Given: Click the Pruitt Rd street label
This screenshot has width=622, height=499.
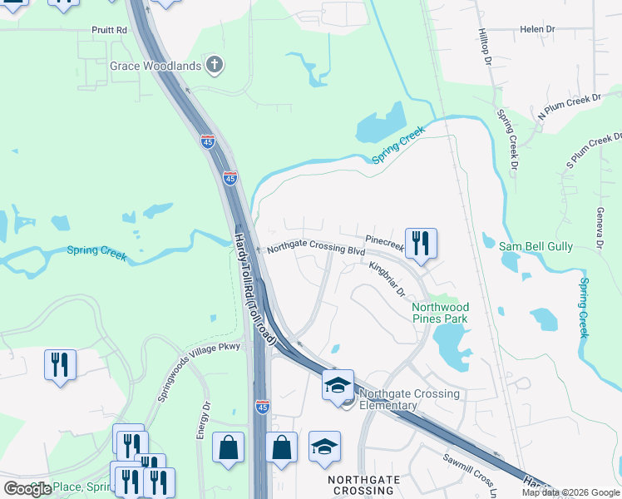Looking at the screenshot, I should coord(109,29).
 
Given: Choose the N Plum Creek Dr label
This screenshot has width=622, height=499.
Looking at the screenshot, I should coord(570,109).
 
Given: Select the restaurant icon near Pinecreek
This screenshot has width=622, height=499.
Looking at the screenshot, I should coord(421,244).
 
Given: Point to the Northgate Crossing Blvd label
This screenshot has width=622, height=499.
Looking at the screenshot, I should coord(316,249).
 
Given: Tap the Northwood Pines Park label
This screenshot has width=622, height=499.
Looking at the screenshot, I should coord(440,313).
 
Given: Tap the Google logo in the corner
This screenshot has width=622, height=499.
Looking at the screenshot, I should coord(27,489).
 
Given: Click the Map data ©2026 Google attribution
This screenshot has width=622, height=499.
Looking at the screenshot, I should coord(570,492).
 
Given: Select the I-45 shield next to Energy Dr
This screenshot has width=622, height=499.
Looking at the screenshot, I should coord(263,407).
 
